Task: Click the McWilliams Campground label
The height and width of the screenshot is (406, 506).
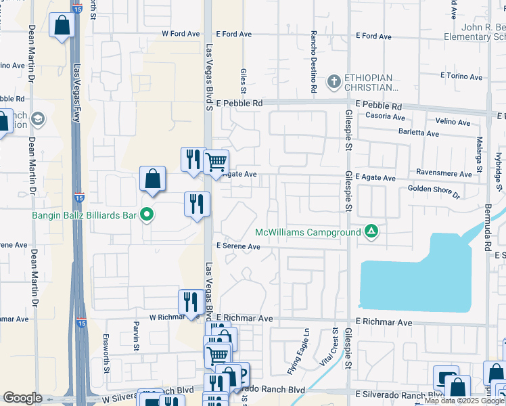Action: point(308,232)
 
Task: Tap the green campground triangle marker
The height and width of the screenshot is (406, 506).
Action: point(371,232)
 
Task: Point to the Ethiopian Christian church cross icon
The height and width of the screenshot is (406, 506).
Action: point(333,83)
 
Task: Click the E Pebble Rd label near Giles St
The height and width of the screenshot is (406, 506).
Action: point(239,104)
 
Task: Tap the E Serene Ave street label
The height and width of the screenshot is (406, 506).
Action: point(237,247)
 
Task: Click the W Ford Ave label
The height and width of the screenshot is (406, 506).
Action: point(181,34)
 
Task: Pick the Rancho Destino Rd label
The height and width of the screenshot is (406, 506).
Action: point(313,61)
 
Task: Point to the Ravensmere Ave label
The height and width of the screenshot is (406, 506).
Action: point(444,174)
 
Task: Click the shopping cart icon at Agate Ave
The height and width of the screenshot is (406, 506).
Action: point(216,162)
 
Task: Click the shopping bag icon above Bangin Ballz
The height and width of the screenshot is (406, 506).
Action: point(153,179)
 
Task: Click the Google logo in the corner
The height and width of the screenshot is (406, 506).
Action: point(22,398)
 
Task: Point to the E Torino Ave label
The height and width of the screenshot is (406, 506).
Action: point(462,76)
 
